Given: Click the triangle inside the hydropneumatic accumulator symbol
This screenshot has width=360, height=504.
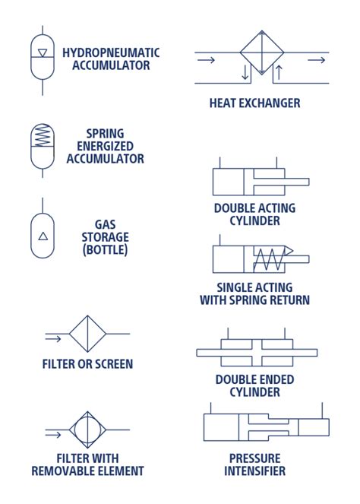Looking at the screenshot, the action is pos(43,52).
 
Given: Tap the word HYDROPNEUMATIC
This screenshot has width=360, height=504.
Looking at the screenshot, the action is pos(111,53).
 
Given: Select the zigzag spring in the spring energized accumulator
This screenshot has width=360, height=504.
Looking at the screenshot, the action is pos(43,135).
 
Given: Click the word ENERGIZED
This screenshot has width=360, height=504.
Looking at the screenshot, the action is pos(105,146).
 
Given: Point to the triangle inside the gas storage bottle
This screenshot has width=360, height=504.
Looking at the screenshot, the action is pos(43,236).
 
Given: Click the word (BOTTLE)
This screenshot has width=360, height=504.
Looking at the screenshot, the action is pos(105,250).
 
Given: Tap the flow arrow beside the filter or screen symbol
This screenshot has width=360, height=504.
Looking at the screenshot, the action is pos(53,338).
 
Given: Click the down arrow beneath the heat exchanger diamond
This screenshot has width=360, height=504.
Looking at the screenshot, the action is pos(245,72).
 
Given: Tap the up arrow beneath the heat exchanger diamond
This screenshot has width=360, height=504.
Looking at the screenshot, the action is pos(279,72).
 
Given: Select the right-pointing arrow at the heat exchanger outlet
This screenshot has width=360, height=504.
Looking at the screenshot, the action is pos(316,60).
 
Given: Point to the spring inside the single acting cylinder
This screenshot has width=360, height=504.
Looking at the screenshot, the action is pos(269,259).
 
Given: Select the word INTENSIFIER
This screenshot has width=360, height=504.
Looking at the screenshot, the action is pos(254,471).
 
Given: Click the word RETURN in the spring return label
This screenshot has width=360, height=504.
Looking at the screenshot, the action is pos(289,300).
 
